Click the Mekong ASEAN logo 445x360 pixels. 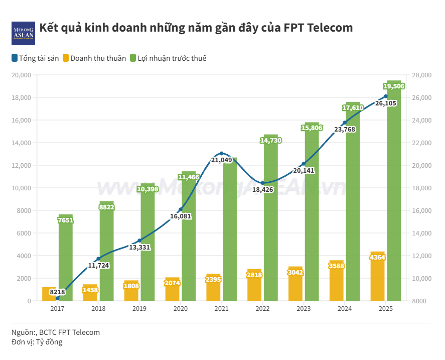coord(23,33)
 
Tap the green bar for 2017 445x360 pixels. coord(66,261)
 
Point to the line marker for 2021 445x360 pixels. coord(222,154)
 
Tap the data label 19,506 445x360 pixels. coord(394,86)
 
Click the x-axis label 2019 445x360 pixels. coord(139,309)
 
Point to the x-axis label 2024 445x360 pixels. coord(345,309)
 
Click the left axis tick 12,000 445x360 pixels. coord(22,165)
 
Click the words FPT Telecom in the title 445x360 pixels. coord(325,28)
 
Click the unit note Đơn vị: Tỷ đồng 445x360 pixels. coord(37,342)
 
